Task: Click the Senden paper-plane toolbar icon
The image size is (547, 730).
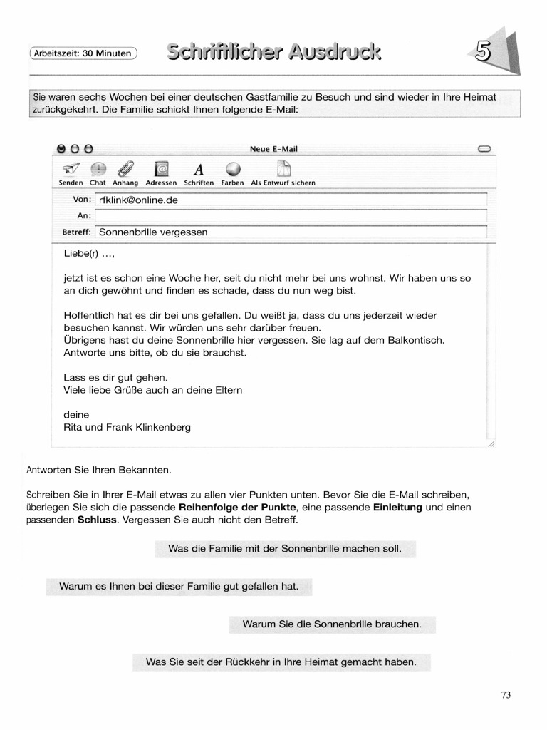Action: click(72, 169)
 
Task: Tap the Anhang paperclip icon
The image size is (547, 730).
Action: click(125, 169)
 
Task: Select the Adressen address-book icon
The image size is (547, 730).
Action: click(162, 169)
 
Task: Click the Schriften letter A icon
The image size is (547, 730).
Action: click(199, 170)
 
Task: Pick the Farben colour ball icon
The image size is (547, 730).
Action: click(233, 169)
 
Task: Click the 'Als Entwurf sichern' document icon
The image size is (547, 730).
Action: click(283, 169)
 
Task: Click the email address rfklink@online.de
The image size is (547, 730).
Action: click(138, 200)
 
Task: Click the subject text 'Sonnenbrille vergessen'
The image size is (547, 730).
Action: click(153, 232)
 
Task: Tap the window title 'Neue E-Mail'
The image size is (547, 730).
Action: click(273, 149)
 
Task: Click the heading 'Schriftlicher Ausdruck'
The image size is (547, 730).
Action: click(273, 51)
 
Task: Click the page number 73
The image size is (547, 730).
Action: click(506, 695)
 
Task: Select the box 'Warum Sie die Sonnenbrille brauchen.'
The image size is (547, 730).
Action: click(332, 624)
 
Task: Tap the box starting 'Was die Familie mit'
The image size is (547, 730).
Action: click(285, 549)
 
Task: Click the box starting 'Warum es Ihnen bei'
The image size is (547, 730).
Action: click(179, 587)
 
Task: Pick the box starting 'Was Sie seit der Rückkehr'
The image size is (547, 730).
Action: click(281, 662)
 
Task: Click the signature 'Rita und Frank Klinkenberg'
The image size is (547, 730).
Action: click(127, 428)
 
